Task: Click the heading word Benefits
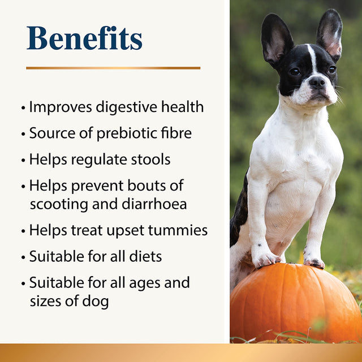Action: pyautogui.click(x=84, y=38)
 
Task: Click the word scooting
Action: pyautogui.click(x=58, y=205)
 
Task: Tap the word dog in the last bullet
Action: pyautogui.click(x=96, y=301)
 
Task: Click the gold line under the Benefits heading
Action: pyautogui.click(x=113, y=68)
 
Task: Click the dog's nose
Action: pyautogui.click(x=317, y=82)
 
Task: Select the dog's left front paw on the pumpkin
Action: pyautogui.click(x=266, y=258)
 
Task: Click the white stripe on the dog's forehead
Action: pyautogui.click(x=312, y=57)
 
